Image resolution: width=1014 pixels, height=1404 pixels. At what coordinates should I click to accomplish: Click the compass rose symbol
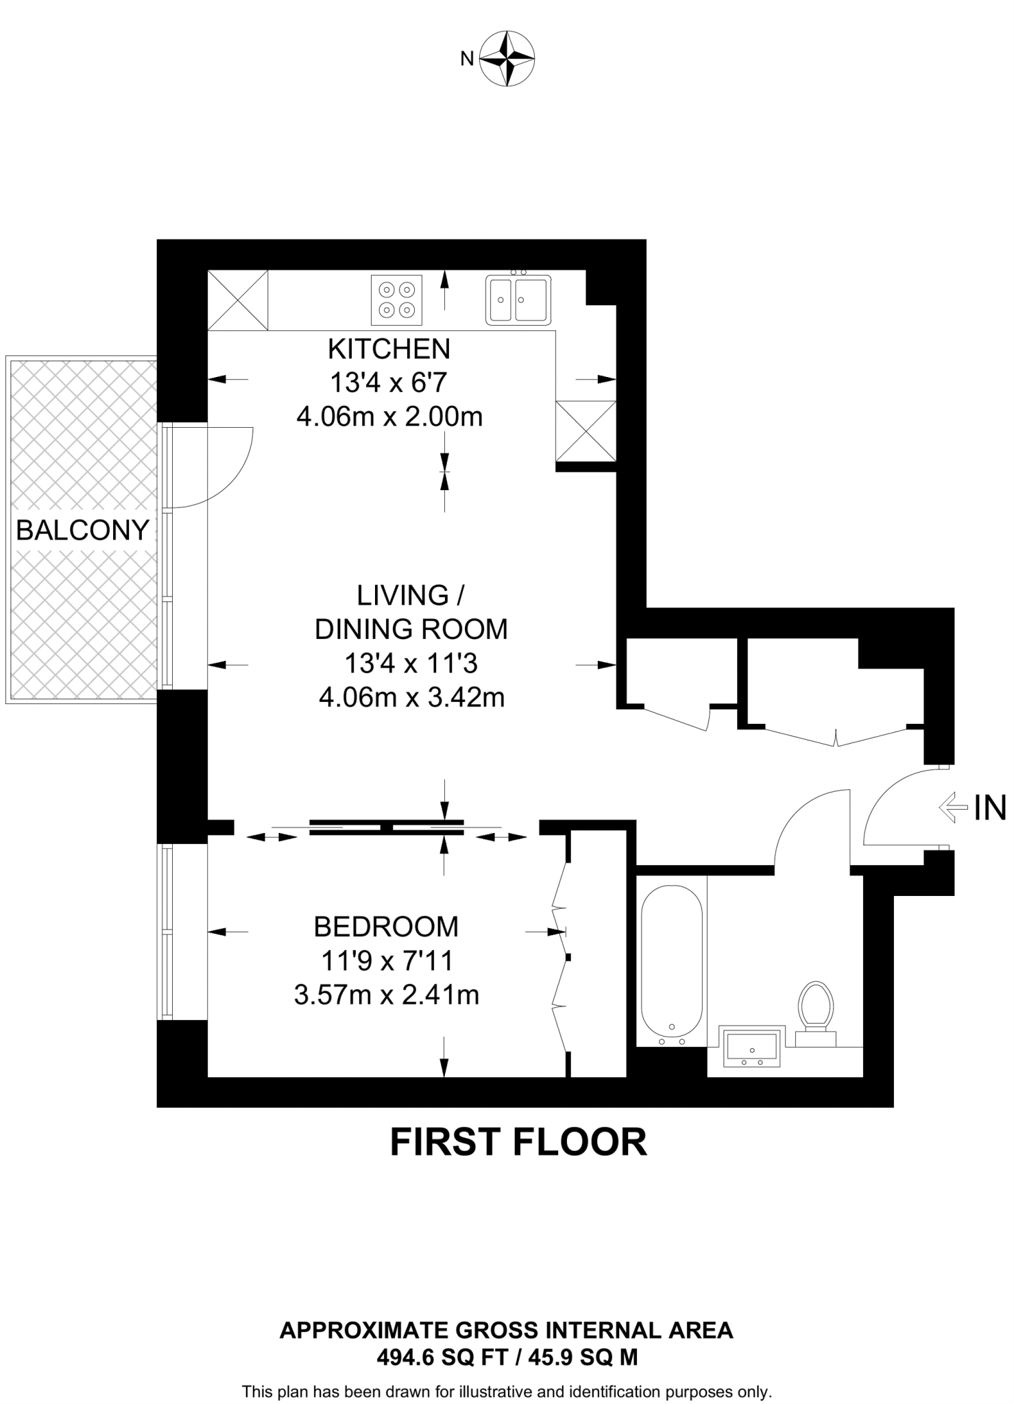click(x=507, y=58)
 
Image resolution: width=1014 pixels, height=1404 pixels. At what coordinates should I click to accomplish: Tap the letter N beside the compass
click(x=467, y=60)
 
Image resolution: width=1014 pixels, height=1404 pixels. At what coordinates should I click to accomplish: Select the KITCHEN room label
click(x=389, y=349)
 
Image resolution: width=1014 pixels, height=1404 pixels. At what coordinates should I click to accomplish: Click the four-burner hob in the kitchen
click(x=396, y=300)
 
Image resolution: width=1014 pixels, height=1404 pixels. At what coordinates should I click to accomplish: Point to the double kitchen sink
click(x=518, y=299)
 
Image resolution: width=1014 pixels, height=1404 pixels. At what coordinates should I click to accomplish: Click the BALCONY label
click(x=82, y=530)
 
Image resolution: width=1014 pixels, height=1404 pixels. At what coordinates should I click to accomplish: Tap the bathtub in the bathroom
click(x=671, y=966)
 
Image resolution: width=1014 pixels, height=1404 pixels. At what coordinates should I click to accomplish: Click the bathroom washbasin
click(x=751, y=1047)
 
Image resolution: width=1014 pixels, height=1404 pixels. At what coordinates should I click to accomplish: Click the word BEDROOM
click(x=386, y=927)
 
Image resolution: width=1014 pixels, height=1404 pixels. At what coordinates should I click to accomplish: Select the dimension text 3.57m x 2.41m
click(x=386, y=995)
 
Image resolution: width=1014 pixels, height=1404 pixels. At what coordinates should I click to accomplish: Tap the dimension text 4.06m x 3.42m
click(x=411, y=697)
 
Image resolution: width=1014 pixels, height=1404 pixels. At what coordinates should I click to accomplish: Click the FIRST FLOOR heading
click(x=518, y=1142)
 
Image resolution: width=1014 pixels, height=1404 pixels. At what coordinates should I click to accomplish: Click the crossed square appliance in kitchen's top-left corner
click(x=238, y=300)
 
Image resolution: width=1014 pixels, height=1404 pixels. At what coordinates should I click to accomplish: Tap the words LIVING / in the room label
click(x=411, y=595)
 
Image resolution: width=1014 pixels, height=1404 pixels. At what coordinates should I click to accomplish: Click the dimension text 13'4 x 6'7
click(x=389, y=383)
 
